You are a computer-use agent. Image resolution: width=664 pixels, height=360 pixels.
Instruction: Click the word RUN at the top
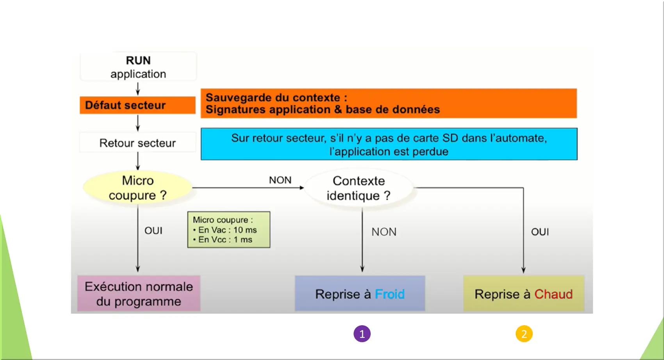tap(138, 61)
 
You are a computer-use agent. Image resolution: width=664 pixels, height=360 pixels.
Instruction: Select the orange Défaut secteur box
tap(137, 105)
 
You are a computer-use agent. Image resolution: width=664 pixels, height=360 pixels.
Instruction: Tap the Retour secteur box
tap(137, 143)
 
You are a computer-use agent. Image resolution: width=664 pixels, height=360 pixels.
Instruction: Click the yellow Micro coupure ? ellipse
tap(137, 188)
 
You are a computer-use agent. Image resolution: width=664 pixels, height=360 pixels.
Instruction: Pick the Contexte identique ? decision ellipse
tap(359, 188)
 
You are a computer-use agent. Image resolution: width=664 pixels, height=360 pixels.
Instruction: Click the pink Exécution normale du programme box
tap(139, 294)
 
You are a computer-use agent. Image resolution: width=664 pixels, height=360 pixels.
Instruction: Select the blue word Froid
tap(389, 294)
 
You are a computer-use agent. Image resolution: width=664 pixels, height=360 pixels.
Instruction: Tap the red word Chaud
tap(553, 294)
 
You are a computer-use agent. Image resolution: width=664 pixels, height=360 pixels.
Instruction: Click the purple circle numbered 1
tap(362, 334)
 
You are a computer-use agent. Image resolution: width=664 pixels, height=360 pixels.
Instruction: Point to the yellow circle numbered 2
tap(524, 334)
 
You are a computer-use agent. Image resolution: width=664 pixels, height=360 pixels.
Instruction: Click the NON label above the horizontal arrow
tap(280, 180)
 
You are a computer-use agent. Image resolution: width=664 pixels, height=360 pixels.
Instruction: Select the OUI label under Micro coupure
tap(153, 231)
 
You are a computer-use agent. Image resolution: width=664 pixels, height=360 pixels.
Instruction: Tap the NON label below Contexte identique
tap(384, 232)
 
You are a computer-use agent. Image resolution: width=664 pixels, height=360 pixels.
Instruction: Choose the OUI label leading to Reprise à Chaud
tap(540, 232)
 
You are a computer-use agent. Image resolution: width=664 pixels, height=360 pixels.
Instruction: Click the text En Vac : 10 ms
tap(227, 230)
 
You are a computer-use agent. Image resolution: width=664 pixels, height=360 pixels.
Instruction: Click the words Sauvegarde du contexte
tap(276, 98)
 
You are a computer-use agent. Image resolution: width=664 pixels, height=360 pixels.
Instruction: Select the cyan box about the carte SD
tap(389, 144)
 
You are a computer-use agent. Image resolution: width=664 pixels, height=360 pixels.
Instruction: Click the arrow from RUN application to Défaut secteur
tap(137, 89)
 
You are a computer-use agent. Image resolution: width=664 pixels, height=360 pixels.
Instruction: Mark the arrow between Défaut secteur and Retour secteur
tap(137, 123)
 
